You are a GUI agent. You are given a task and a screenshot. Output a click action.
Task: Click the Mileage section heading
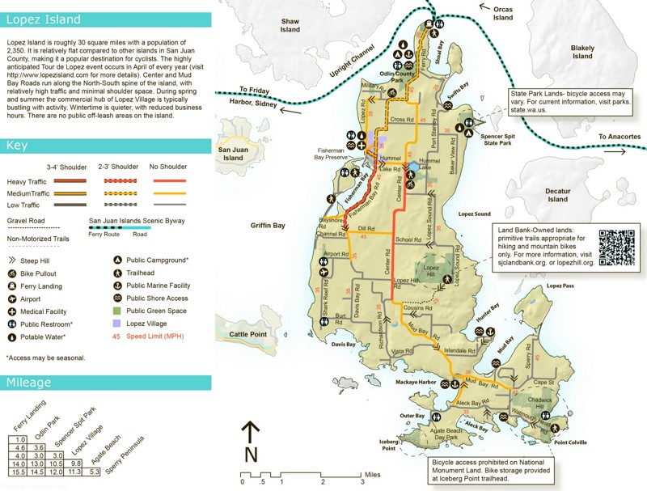pos(30,383)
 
